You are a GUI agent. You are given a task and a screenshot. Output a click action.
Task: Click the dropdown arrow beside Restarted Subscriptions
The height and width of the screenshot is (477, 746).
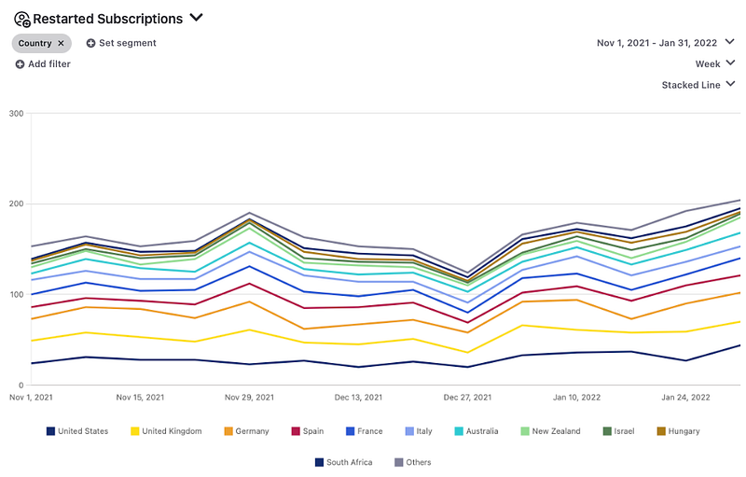pyautogui.click(x=196, y=17)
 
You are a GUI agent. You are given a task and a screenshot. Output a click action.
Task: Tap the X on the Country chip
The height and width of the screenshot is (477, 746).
pyautogui.click(x=61, y=43)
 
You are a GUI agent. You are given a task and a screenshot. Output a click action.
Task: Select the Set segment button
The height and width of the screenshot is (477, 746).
pyautogui.click(x=121, y=43)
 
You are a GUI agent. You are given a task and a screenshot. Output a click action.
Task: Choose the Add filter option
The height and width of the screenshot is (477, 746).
pyautogui.click(x=43, y=63)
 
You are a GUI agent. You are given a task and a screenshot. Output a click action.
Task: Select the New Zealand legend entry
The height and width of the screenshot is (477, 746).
pyautogui.click(x=551, y=431)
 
